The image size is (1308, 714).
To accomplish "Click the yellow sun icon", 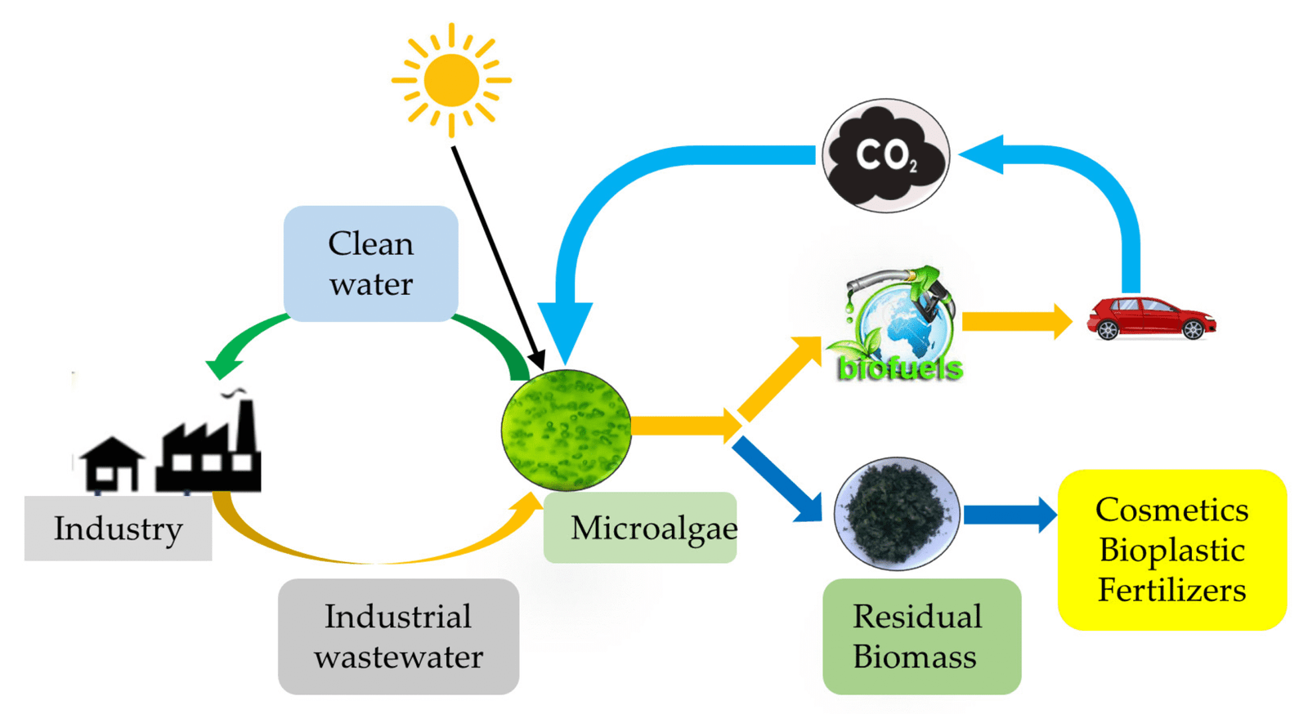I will point(451,80).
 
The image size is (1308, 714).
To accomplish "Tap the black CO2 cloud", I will point(885,155).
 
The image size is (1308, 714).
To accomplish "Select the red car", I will point(1150,318).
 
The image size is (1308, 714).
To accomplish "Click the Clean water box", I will point(371,263).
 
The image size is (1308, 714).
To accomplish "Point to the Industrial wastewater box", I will point(398,636).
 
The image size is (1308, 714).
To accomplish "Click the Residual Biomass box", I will point(921,636).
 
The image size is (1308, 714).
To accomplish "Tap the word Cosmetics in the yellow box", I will point(1171,510).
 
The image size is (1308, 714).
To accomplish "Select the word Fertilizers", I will point(1171,590).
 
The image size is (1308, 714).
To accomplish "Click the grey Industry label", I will point(118,529).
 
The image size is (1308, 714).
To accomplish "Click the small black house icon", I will point(111,463).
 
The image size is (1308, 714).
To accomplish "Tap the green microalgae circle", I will point(566,430).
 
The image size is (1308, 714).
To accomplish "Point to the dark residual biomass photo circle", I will point(896,513).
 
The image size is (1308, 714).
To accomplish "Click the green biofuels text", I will point(900,368).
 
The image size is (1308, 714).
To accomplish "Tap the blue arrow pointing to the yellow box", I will point(1009,515).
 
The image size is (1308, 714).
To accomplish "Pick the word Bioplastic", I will point(1171,550).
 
